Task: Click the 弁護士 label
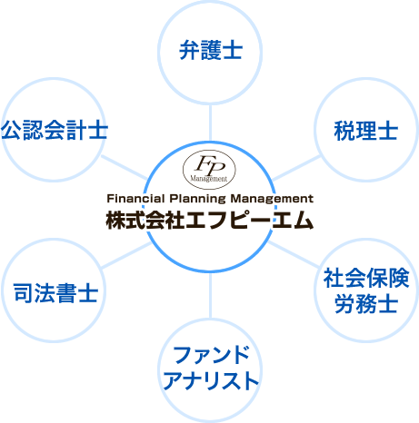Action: [x=211, y=50]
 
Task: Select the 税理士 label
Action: [x=366, y=131]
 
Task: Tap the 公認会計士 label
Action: [x=55, y=130]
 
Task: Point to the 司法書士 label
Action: [x=55, y=293]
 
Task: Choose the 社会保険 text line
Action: [x=366, y=278]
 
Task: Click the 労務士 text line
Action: [x=366, y=303]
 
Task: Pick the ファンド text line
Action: [x=211, y=355]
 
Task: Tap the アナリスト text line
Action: [x=211, y=380]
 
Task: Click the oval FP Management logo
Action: [x=209, y=170]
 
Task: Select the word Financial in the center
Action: [x=135, y=199]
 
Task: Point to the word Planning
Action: [x=197, y=199]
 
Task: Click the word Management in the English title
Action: [x=272, y=199]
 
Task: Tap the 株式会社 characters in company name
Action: [x=145, y=220]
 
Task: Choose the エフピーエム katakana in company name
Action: [x=250, y=220]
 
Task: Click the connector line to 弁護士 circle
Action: [x=210, y=123]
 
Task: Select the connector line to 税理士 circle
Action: [x=295, y=168]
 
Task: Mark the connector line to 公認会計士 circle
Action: [x=125, y=168]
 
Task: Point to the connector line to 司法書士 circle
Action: [x=126, y=255]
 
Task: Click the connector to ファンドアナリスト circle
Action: [x=210, y=296]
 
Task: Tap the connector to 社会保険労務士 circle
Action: [x=294, y=254]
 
